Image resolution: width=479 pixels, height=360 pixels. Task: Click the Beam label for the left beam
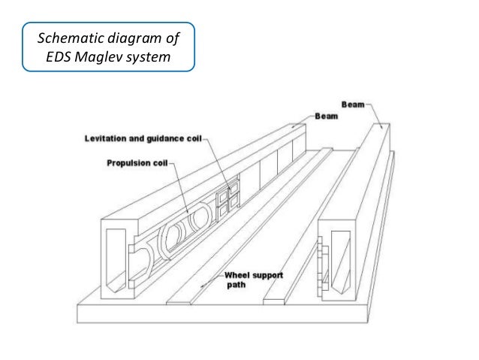tap(326, 117)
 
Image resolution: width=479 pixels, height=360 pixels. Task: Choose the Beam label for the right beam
tap(353, 100)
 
